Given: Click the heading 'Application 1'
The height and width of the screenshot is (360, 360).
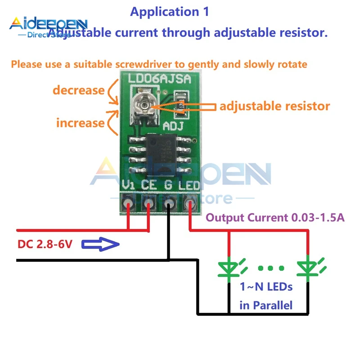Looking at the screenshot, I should point(169,12).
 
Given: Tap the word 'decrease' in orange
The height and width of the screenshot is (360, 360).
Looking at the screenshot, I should point(78,90).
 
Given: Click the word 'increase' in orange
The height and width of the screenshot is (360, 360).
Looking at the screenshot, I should point(80,122).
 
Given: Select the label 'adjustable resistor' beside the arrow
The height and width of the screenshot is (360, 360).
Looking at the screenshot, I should point(274,106).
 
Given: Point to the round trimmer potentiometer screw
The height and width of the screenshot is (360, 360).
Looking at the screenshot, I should point(144,105).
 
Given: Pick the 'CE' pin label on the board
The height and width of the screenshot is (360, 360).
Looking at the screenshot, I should point(148,185).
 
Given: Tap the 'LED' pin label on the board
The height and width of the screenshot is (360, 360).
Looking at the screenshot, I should point(189,185).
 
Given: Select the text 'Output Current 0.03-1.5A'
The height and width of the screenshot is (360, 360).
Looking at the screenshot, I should point(275,218).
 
